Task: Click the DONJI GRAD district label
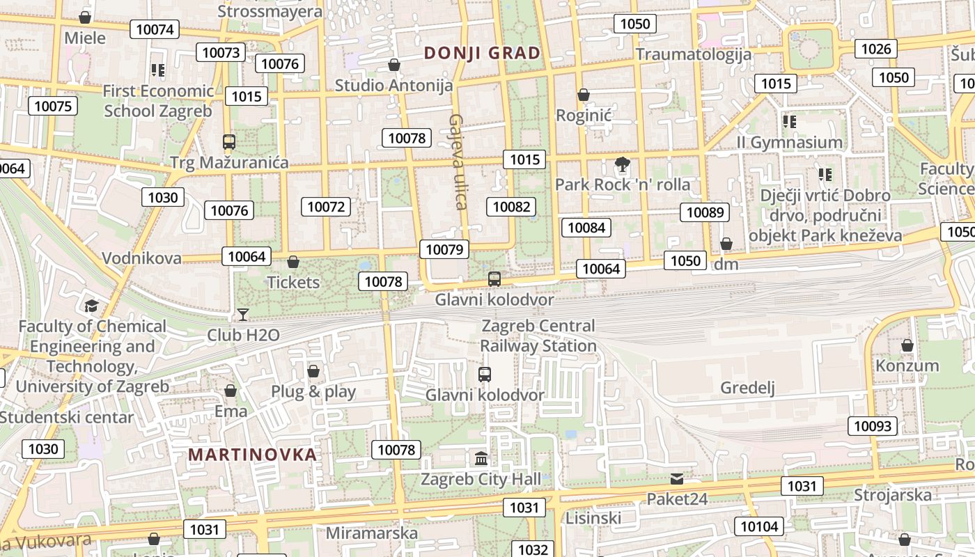pos(482,53)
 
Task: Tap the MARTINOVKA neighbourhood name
pos(252,455)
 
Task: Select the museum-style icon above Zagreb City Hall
pos(481,459)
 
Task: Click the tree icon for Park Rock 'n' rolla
pos(622,165)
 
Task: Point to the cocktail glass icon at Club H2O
pos(243,315)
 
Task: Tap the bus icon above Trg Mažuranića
pos(229,142)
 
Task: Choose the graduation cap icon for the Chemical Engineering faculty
pos(91,306)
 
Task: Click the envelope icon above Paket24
pos(677,479)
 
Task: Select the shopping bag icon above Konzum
pos(907,345)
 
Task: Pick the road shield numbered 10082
pos(511,206)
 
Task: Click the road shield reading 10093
pos(872,426)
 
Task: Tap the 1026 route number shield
pos(876,49)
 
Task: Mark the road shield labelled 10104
pos(759,526)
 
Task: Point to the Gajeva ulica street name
pos(458,162)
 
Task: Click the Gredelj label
pos(747,388)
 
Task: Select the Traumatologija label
pos(693,54)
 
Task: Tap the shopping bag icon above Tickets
pos(293,262)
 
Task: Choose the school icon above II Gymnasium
pos(789,122)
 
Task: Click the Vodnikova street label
pos(141,258)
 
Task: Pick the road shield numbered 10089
pos(705,212)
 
